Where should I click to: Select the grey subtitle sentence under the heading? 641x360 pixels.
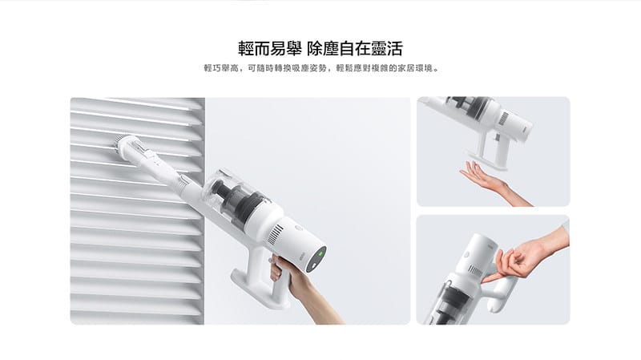coord(320,69)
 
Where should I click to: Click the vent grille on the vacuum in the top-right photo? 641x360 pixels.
coord(502,119)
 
